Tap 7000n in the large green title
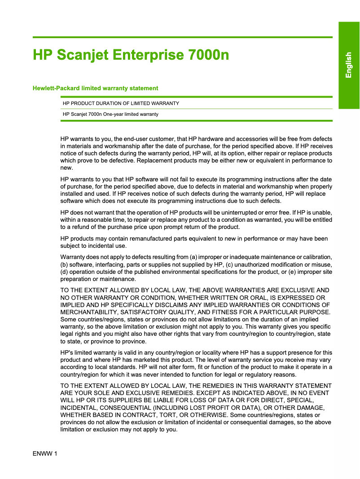click(208, 55)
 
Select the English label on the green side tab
click(349, 65)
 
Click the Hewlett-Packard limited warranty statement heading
click(95, 88)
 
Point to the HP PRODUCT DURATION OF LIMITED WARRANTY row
click(121, 103)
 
